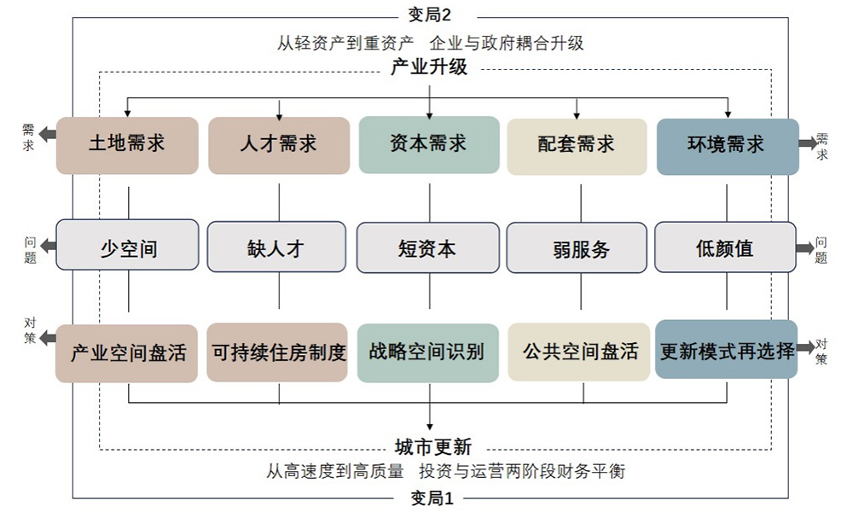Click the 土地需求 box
pyautogui.click(x=127, y=145)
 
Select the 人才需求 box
pyautogui.click(x=279, y=145)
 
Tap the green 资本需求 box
pyautogui.click(x=428, y=145)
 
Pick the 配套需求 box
pyautogui.click(x=577, y=145)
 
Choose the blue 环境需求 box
pyautogui.click(x=727, y=145)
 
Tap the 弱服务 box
pyautogui.click(x=577, y=248)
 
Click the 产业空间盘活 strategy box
pyautogui.click(x=127, y=352)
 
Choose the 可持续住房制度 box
pyautogui.click(x=278, y=352)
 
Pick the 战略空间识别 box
pyautogui.click(x=427, y=352)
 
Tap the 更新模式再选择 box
pyautogui.click(x=726, y=350)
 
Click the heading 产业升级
pyautogui.click(x=429, y=67)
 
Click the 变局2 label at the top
pyautogui.click(x=430, y=15)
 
